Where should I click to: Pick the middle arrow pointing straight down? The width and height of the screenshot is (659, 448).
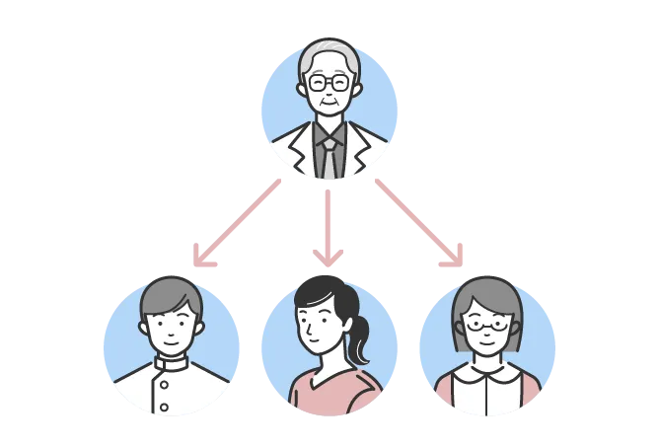tap(329, 222)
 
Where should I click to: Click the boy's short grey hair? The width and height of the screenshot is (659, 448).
tap(172, 293)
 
